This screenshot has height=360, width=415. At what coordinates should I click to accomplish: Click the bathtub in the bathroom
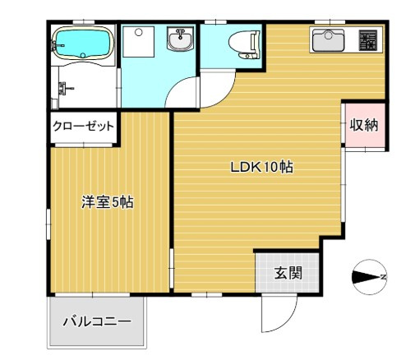[83, 43]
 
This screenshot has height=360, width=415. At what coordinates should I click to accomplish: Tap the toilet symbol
[244, 44]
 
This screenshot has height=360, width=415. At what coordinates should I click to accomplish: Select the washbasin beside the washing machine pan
[180, 39]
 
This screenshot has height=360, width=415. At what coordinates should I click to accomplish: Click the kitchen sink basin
[328, 40]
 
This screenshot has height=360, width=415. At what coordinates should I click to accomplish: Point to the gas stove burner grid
[368, 40]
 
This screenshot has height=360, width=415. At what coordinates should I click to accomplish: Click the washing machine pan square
[138, 42]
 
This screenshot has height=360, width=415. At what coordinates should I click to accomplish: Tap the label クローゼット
[83, 127]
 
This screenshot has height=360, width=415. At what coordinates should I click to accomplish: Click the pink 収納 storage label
[364, 125]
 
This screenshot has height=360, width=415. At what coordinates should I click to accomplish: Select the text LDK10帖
[261, 167]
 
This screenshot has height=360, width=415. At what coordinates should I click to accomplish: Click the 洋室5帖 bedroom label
[108, 202]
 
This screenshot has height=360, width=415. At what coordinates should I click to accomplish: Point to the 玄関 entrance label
[288, 273]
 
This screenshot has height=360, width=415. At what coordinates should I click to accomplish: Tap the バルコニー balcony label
[97, 321]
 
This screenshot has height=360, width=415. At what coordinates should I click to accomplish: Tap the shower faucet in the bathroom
[64, 89]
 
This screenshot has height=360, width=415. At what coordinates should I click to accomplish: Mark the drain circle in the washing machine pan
[139, 32]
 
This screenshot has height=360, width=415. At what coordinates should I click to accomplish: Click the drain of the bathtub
[83, 55]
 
